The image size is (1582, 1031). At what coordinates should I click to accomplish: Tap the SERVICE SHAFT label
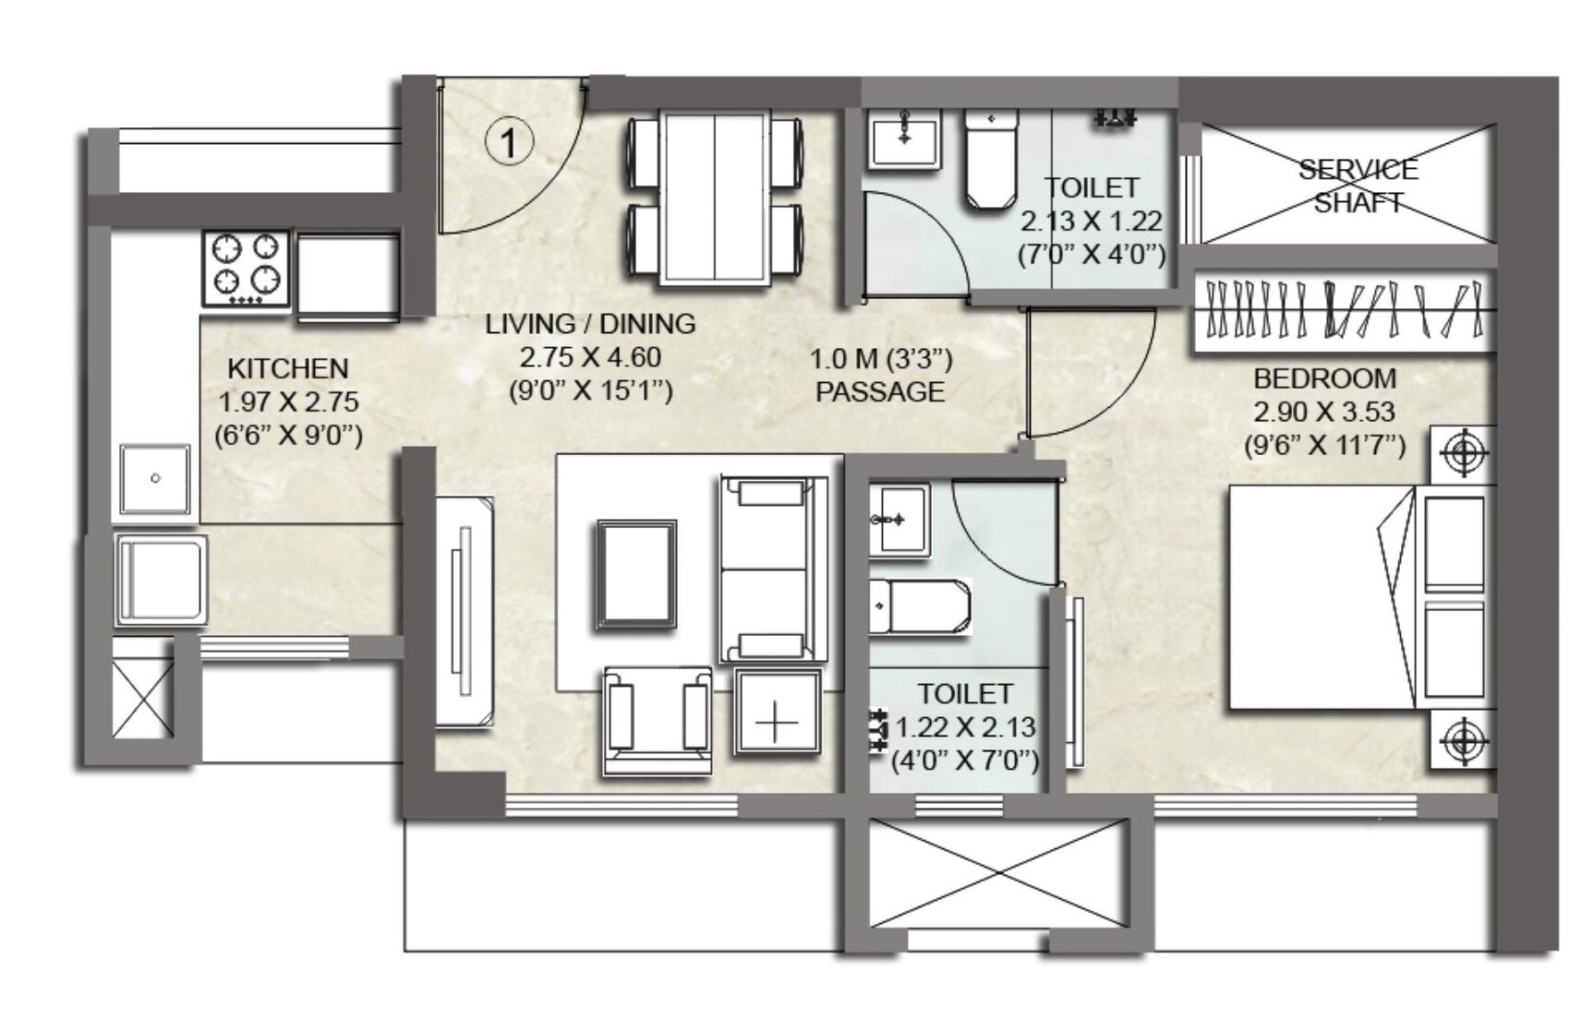click(x=1357, y=186)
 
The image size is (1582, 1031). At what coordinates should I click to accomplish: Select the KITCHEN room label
click(x=287, y=368)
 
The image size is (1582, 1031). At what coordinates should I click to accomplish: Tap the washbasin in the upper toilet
click(x=904, y=138)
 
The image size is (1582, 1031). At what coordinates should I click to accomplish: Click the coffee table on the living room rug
click(x=635, y=573)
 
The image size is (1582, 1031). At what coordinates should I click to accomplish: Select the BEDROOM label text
click(x=1323, y=378)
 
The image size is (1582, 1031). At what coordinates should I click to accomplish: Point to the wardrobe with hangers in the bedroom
click(x=1344, y=311)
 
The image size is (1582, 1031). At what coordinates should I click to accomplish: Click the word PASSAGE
click(x=879, y=391)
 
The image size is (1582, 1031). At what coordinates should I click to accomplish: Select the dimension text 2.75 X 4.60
click(x=590, y=356)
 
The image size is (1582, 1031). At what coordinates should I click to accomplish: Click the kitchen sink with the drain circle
click(x=155, y=479)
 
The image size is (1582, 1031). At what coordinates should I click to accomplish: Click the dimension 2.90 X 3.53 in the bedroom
click(x=1323, y=412)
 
